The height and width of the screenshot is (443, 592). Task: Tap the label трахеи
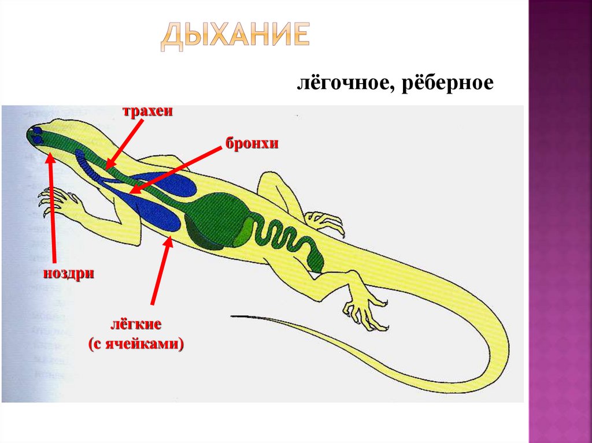point(147,111)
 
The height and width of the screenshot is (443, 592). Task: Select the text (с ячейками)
point(136,345)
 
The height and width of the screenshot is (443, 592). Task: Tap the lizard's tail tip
point(234,315)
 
